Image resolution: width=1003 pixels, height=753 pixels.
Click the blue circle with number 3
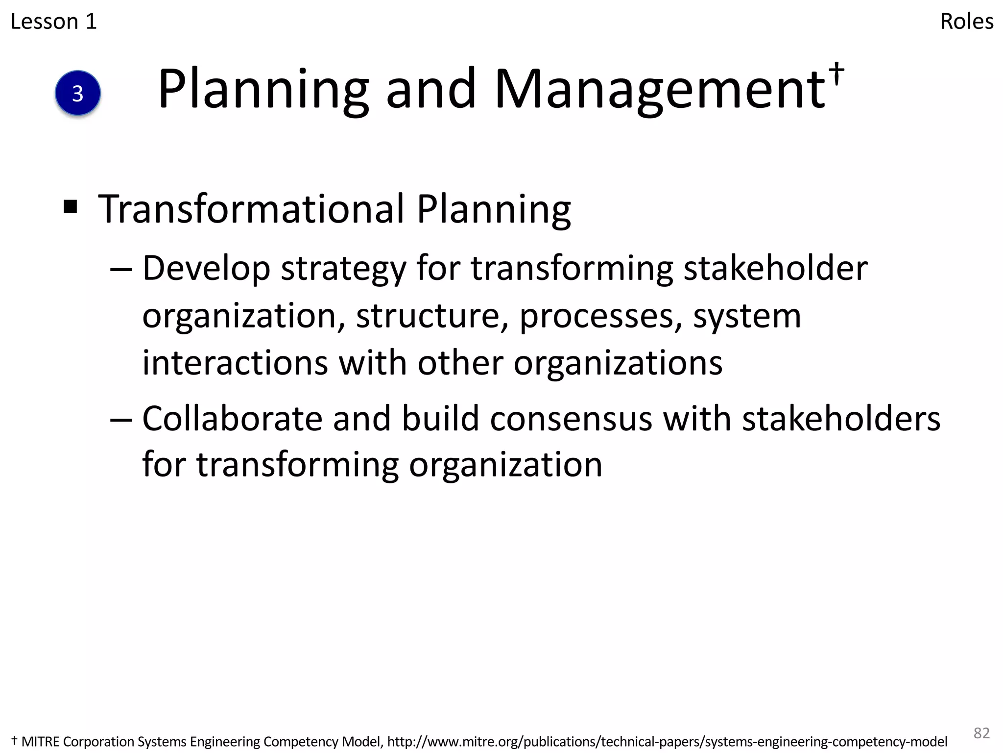point(78,93)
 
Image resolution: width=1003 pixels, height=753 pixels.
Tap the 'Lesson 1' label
point(54,22)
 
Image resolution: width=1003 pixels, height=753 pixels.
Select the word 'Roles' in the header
point(967,22)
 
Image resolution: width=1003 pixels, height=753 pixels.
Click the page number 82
point(981,733)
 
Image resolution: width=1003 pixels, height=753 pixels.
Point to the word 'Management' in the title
point(660,89)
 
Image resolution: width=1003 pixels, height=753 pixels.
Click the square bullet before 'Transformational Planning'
point(71,207)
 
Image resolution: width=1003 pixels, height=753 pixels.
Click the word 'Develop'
point(206,269)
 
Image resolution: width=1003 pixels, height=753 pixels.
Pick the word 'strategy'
point(343,269)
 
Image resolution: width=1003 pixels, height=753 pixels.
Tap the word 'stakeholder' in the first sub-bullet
point(775,269)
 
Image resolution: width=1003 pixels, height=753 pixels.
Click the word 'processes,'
point(600,316)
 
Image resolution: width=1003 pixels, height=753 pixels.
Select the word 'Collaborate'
point(232,419)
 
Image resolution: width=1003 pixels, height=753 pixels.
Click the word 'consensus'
point(571,419)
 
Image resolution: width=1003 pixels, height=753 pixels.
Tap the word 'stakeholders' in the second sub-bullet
point(841,419)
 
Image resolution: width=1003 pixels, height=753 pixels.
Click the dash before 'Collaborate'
point(121,420)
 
